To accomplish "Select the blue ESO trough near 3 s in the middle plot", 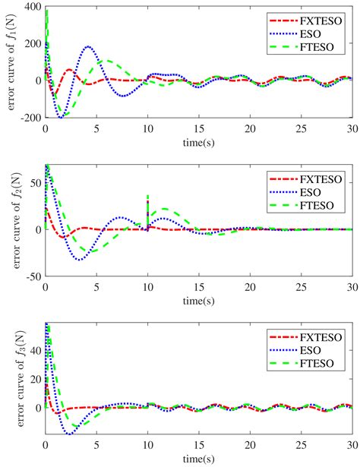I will [79, 260].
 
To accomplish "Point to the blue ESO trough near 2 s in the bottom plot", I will [68, 434].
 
